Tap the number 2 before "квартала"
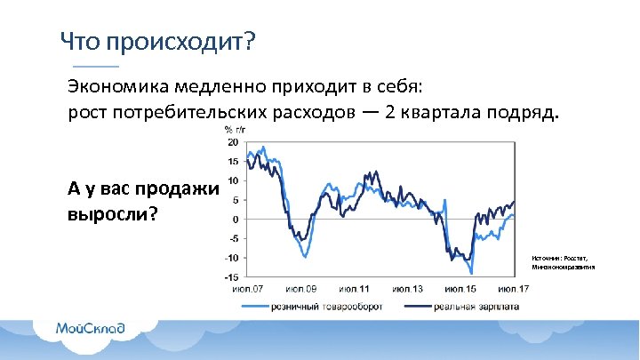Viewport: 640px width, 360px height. tap(390, 115)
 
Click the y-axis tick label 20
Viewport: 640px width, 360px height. tap(232, 142)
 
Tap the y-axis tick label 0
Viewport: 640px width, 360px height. tap(235, 220)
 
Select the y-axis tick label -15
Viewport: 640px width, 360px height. tap(230, 277)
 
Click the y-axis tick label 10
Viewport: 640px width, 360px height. tap(232, 180)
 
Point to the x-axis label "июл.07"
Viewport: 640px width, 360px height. tap(247, 289)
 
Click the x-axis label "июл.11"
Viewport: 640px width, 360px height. tap(354, 289)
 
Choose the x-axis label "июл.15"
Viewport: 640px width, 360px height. tap(460, 289)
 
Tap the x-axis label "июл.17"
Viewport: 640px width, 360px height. tap(514, 289)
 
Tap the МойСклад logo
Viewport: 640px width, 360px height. tap(89, 328)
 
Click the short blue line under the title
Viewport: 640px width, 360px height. tap(94, 68)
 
